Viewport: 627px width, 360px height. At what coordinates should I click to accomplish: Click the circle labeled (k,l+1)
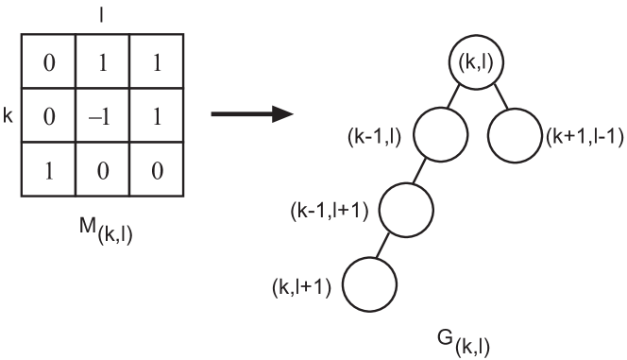366,284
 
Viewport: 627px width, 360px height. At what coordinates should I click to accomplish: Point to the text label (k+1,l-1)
584,137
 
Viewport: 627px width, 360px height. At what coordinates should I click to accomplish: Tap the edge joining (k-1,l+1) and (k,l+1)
385,246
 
